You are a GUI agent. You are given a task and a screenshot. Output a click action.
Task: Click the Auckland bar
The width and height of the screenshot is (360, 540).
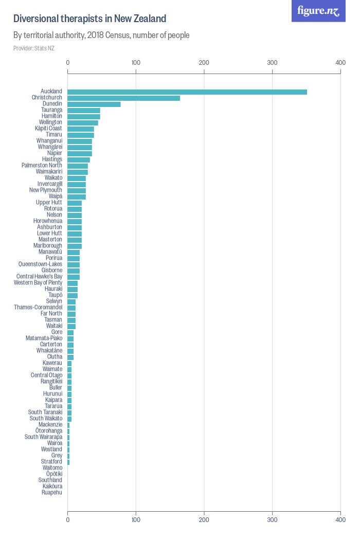click(x=187, y=92)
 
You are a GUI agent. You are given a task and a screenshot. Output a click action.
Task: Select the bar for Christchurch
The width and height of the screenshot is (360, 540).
click(x=124, y=98)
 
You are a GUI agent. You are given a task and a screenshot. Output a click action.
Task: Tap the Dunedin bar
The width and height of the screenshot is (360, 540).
click(x=94, y=104)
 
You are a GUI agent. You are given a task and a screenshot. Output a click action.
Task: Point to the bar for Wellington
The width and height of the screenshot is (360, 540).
click(x=83, y=122)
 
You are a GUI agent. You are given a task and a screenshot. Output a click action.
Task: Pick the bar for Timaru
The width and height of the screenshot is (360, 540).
click(x=81, y=135)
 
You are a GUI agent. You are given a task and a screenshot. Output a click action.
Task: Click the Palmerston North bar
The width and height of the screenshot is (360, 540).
click(x=78, y=166)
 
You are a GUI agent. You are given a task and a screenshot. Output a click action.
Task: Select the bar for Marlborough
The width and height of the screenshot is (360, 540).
click(x=75, y=246)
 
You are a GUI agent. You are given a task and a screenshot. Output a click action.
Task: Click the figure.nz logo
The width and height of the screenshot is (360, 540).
click(x=318, y=11)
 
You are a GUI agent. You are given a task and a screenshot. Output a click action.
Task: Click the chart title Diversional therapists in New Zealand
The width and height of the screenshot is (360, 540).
click(x=89, y=19)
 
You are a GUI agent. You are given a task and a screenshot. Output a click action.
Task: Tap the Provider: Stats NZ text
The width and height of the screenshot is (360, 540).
click(x=34, y=48)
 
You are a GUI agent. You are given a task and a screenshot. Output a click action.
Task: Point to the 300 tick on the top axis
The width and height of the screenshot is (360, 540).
click(x=272, y=63)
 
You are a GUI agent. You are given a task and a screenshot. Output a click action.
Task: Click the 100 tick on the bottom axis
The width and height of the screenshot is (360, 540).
click(x=136, y=519)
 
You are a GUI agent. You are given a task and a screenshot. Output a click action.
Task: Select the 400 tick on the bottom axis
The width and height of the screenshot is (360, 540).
click(x=340, y=519)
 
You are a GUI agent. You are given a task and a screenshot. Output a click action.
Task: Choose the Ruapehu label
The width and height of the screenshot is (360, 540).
click(x=52, y=493)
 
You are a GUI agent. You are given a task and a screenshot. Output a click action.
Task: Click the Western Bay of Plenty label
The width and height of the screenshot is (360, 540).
click(x=38, y=283)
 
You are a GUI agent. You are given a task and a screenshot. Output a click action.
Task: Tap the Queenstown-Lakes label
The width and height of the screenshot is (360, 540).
click(x=40, y=264)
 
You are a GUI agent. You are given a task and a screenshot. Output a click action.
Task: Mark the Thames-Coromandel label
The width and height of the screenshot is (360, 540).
click(x=38, y=308)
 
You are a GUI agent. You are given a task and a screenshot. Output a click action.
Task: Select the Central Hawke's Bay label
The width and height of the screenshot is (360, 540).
click(x=39, y=277)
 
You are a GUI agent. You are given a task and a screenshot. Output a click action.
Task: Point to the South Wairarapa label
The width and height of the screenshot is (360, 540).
click(x=43, y=437)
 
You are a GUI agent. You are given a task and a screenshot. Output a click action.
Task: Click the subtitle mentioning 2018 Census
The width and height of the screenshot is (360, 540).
click(x=101, y=35)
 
